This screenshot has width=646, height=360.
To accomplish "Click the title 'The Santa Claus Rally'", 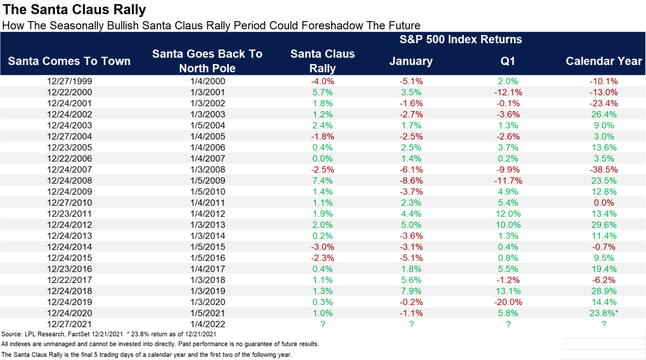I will point(73,10).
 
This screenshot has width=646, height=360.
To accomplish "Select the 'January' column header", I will point(411,61).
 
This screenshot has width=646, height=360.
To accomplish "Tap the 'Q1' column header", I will point(508,61).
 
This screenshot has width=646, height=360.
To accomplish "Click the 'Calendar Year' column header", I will point(603,61).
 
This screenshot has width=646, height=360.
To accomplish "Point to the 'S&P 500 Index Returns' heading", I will point(460,39).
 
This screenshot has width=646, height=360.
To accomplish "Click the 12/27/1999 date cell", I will point(69,81).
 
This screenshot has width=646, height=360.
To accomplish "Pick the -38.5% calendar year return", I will point(603,170).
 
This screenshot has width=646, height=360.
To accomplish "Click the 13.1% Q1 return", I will point(508,291).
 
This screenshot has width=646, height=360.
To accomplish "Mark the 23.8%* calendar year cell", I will point(605,313).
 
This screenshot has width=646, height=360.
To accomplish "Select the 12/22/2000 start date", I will point(69,92).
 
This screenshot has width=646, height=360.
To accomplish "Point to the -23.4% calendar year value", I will point(603,103).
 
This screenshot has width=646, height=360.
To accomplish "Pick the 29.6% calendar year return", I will point(603,224).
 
